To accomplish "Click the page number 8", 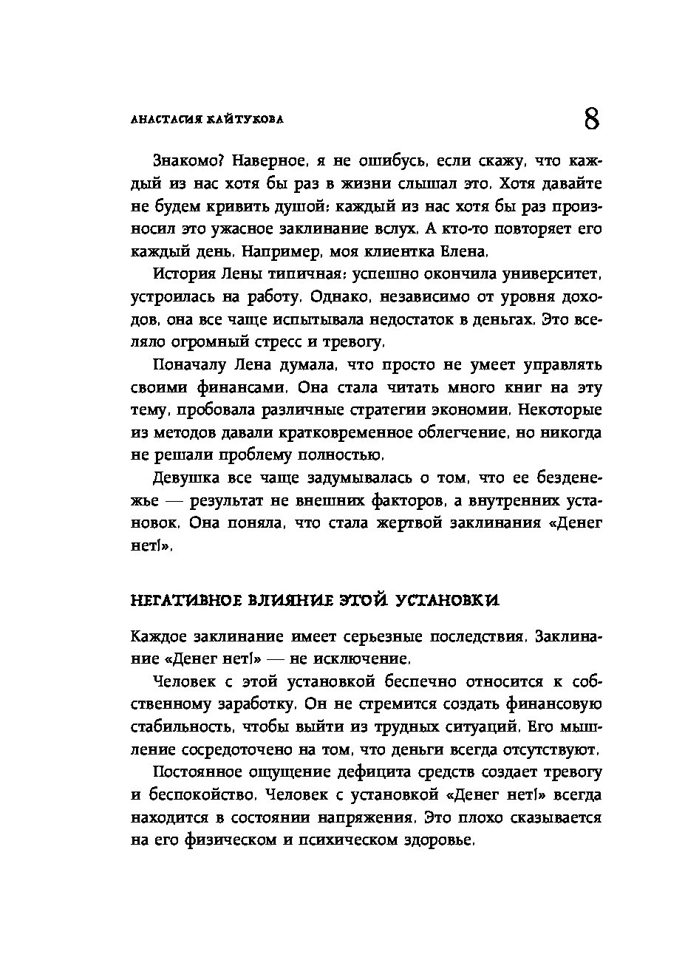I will click(591, 118).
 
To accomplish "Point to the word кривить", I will click(236, 205).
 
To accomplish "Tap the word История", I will click(185, 274).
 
